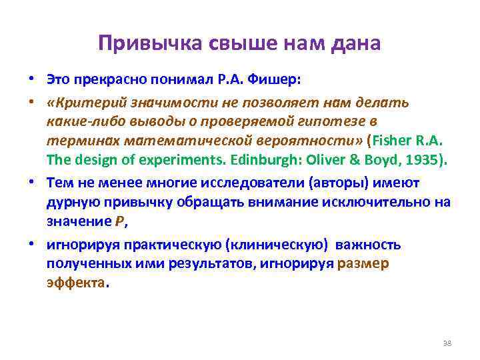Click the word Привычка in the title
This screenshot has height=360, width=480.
[138, 44]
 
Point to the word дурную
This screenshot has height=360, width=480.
[72, 202]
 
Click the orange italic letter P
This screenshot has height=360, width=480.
[120, 222]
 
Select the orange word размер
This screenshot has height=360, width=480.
[363, 263]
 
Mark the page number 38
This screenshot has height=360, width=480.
[447, 343]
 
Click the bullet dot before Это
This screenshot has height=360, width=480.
[31, 80]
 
